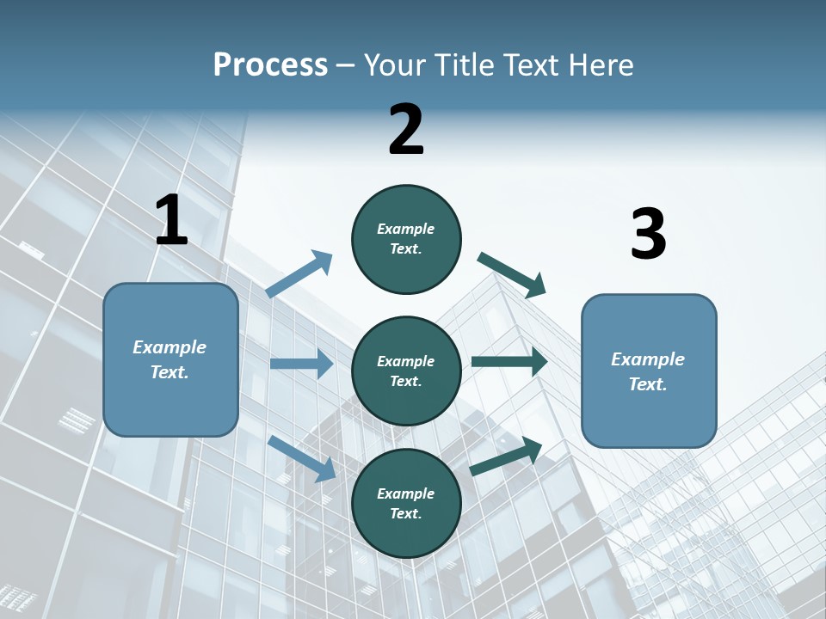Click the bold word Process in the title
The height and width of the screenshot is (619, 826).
click(270, 65)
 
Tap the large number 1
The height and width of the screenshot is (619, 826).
click(171, 221)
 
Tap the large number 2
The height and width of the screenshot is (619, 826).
click(406, 131)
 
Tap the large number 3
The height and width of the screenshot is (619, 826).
click(648, 235)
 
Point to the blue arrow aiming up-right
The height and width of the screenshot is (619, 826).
click(299, 274)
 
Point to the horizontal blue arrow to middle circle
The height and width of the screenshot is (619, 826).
click(301, 364)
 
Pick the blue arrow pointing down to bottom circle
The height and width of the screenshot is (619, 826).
click(302, 458)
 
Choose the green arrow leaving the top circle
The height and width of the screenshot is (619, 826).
click(512, 274)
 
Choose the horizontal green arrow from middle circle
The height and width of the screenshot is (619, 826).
click(509, 362)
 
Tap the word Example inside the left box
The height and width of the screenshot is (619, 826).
click(170, 347)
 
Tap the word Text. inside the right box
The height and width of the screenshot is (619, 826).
click(648, 384)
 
